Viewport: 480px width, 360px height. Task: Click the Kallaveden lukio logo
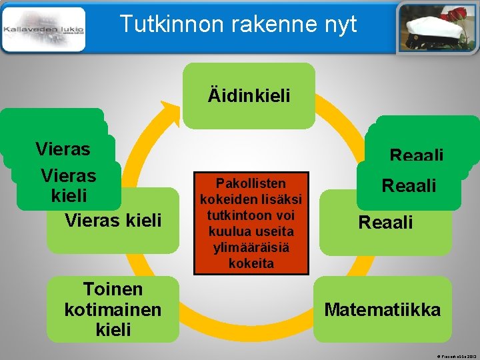click(x=44, y=29)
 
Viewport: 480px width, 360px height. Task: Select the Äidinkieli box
click(x=249, y=96)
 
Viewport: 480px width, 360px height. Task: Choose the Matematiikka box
click(x=382, y=310)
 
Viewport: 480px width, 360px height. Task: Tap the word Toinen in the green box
click(x=113, y=289)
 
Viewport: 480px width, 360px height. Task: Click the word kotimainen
click(x=113, y=309)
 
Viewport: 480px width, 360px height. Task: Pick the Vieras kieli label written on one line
click(x=113, y=220)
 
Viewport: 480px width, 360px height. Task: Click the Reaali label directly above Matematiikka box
click(x=385, y=222)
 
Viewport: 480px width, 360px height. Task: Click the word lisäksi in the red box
click(x=280, y=199)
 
